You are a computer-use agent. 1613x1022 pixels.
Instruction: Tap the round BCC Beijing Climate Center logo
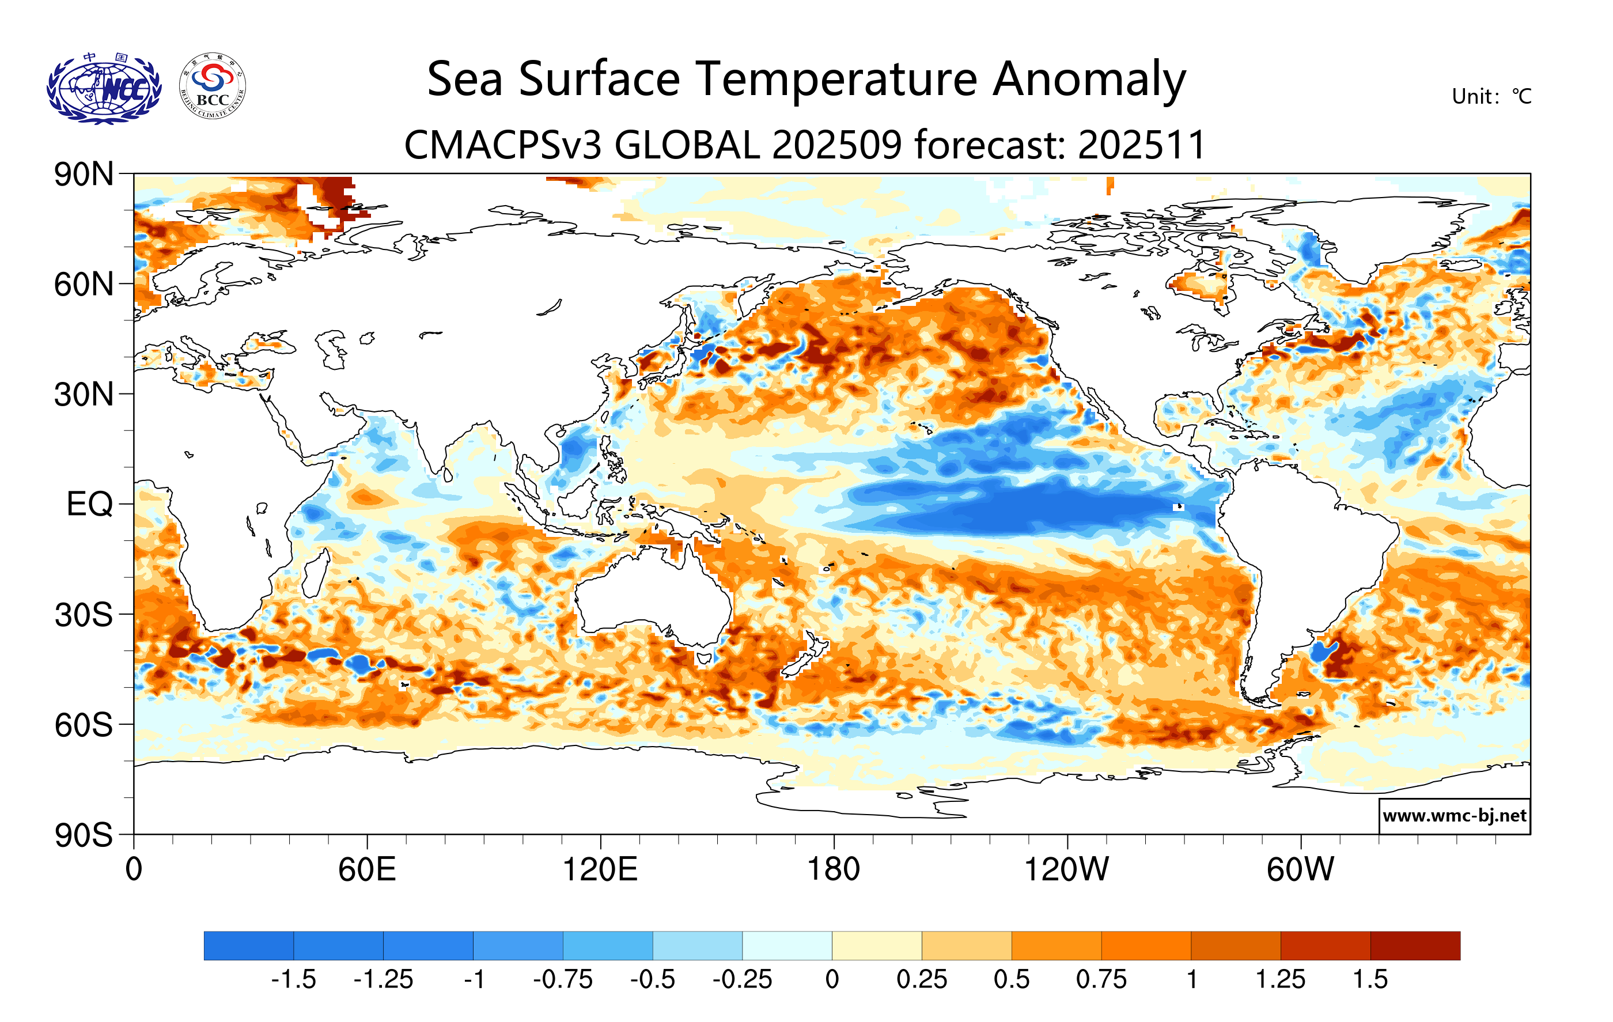click(x=213, y=86)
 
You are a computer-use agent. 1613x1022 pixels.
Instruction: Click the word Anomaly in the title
click(x=1089, y=79)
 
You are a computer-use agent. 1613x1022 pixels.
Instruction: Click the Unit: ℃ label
click(x=1491, y=96)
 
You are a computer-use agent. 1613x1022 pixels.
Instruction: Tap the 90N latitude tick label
click(x=84, y=175)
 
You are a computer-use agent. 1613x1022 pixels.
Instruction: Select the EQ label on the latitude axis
click(x=89, y=504)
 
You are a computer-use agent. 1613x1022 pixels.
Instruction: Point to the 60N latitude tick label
click(x=84, y=285)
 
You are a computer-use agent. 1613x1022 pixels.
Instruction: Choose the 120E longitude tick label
click(x=600, y=870)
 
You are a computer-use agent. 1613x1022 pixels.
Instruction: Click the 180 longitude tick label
click(x=834, y=870)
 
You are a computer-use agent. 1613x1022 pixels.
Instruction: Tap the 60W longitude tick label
click(x=1300, y=870)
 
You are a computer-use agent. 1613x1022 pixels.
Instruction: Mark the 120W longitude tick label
click(x=1066, y=870)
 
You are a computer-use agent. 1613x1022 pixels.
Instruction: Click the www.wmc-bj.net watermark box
click(x=1454, y=816)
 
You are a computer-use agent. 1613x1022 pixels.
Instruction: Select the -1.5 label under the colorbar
click(x=293, y=980)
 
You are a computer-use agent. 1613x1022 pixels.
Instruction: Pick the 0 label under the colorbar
click(x=832, y=980)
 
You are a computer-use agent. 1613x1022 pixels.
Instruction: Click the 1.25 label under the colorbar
click(x=1280, y=980)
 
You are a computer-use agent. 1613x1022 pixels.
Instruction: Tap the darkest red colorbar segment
click(x=1415, y=945)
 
